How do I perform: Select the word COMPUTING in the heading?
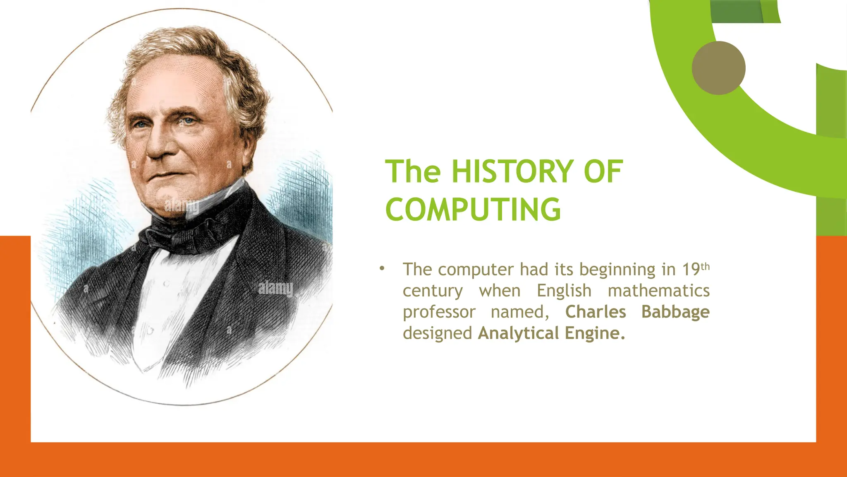pos(473,210)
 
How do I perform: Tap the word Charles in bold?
pos(596,312)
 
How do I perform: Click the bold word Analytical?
pos(519,333)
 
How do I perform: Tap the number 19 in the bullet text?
pos(691,270)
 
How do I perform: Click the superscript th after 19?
pos(705,266)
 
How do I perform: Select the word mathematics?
pos(658,291)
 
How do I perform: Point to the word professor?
pos(439,312)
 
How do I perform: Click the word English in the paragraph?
pos(564,291)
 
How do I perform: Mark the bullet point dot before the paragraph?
pos(382,268)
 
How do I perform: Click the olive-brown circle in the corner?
pos(718,68)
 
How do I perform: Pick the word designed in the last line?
pos(437,333)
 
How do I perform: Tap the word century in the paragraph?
pos(433,291)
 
